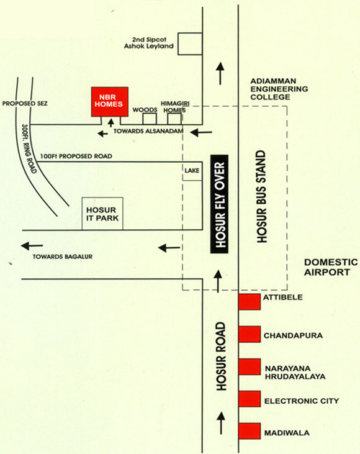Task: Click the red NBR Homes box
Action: click(110, 102)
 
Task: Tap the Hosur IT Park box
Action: click(102, 214)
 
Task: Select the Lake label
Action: click(192, 171)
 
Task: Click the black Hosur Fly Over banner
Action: click(219, 204)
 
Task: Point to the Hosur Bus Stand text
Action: click(261, 197)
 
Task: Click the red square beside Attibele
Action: click(250, 302)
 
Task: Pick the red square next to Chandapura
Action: click(250, 334)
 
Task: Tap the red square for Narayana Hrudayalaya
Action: click(250, 366)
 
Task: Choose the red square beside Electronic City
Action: click(250, 399)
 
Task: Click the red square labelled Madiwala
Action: click(250, 431)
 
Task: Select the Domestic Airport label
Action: click(331, 267)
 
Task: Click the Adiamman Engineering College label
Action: click(279, 89)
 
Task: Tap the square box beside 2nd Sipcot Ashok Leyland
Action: click(190, 43)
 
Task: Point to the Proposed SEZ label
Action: click(25, 103)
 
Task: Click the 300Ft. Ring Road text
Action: click(29, 149)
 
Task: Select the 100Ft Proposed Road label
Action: click(76, 156)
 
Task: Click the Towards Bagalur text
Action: click(63, 257)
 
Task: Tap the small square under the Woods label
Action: click(150, 119)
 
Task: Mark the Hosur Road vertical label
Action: click(221, 356)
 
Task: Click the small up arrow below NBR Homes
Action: click(110, 123)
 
